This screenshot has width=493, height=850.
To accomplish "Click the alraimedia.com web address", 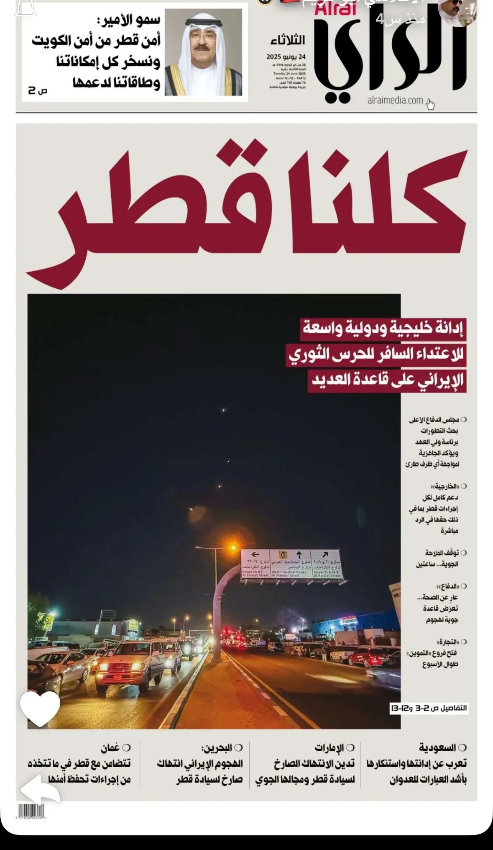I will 395,100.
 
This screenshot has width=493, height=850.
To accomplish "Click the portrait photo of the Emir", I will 203,53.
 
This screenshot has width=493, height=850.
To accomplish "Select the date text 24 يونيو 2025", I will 286,56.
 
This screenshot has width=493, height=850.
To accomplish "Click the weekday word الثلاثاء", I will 288,40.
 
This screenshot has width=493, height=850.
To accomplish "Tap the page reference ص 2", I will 38,90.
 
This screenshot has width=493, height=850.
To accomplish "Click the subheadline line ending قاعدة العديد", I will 388,380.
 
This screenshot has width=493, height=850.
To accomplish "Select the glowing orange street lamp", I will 232,547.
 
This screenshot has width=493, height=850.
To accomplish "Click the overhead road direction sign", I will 291,564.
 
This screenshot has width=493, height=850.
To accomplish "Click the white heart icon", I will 40,709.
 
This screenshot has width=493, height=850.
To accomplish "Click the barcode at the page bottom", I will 31,811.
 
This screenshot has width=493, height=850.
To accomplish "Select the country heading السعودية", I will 437,747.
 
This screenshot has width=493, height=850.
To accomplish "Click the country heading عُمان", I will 110,747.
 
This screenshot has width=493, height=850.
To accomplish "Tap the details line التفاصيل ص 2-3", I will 429,708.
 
